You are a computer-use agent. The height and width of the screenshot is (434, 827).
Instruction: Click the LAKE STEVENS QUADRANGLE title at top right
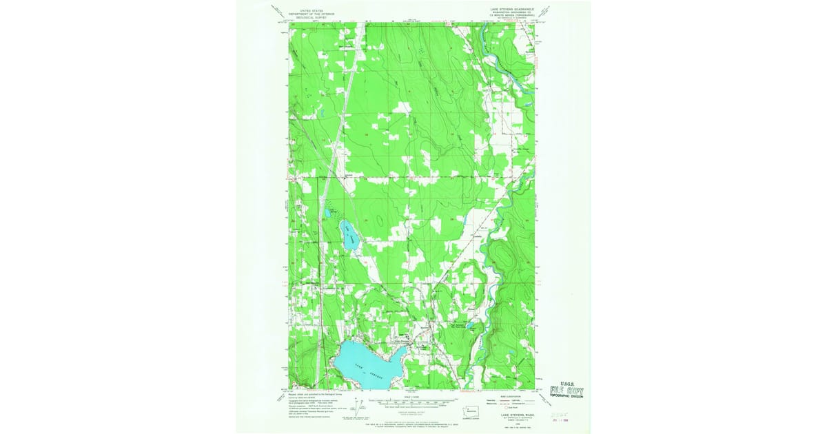tap(504, 10)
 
